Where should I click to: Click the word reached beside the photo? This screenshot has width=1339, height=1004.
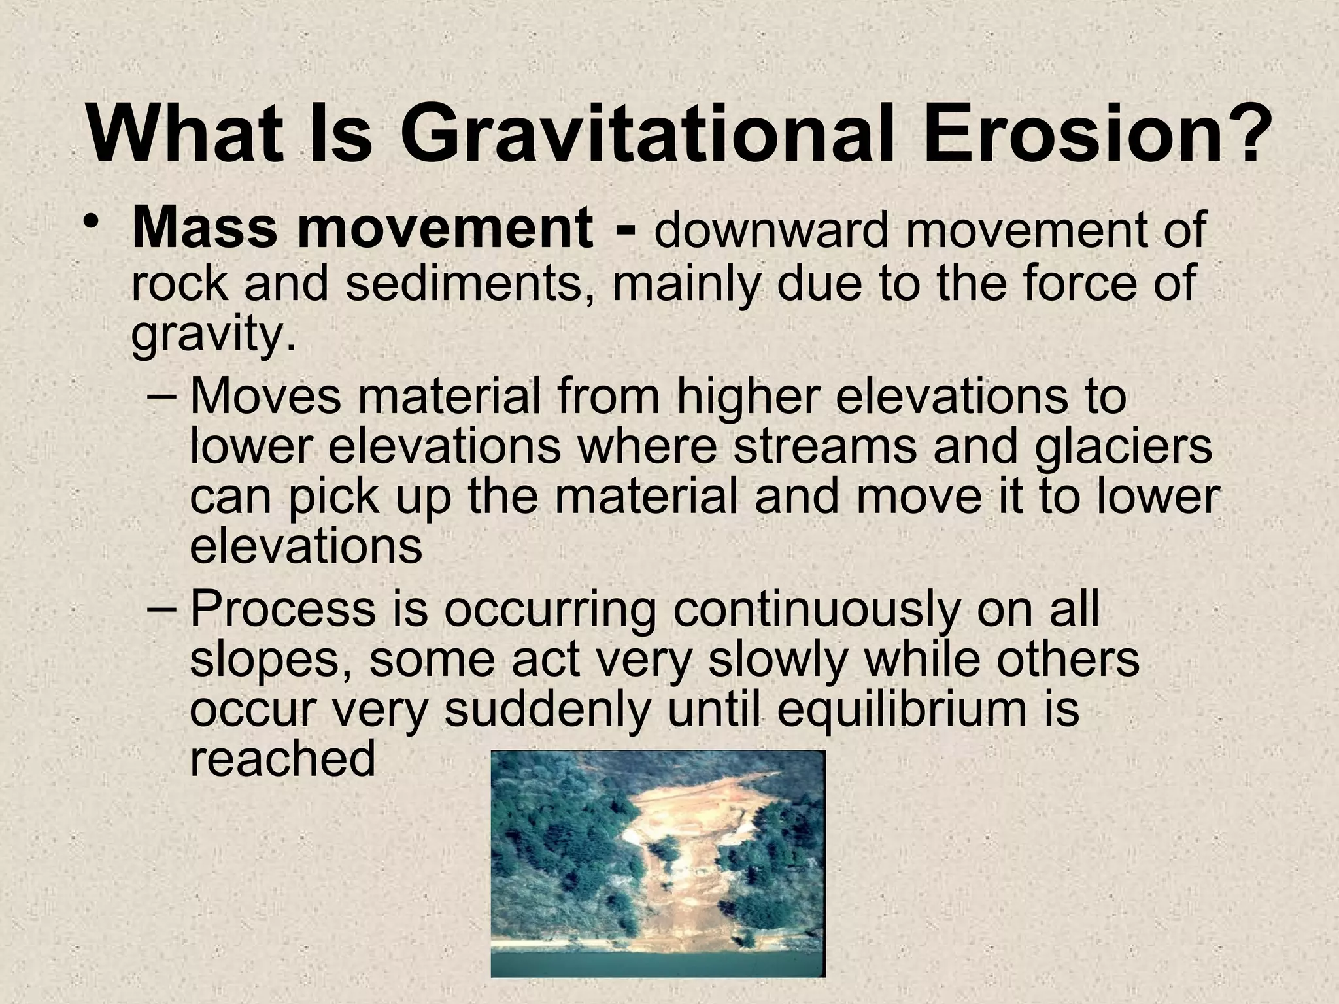coord(282,760)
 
